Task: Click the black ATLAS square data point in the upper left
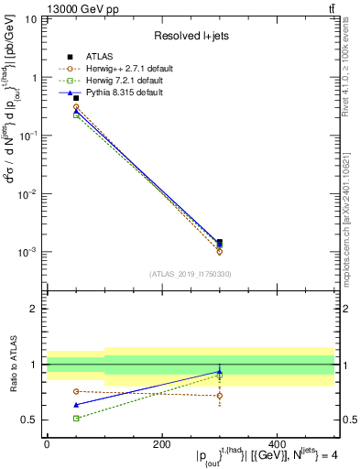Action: (x=51, y=97)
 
